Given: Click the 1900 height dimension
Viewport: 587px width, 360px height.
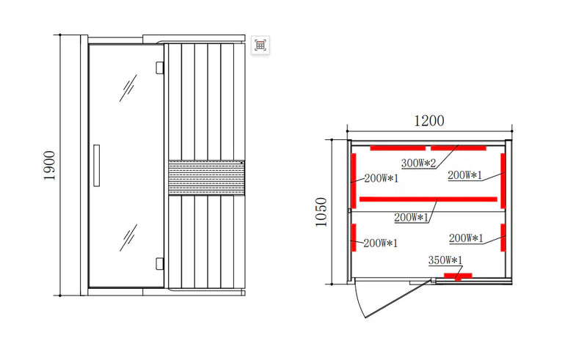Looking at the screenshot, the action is pyautogui.click(x=49, y=166).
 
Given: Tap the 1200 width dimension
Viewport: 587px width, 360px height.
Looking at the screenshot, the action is pyautogui.click(x=429, y=120).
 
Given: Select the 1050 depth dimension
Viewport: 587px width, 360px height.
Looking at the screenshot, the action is pyautogui.click(x=321, y=212).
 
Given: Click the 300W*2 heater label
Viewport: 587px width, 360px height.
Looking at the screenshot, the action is pyautogui.click(x=418, y=164).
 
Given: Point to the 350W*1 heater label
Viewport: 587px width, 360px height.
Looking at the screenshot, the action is pyautogui.click(x=445, y=260).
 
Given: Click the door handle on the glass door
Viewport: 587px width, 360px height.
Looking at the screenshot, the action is pyautogui.click(x=97, y=166).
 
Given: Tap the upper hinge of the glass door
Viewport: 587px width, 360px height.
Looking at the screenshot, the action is pyautogui.click(x=160, y=67).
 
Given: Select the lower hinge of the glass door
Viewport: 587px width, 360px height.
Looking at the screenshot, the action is pyautogui.click(x=160, y=263).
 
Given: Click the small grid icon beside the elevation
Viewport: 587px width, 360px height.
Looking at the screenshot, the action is pyautogui.click(x=260, y=45).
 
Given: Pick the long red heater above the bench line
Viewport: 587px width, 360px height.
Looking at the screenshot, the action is pyautogui.click(x=429, y=199).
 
